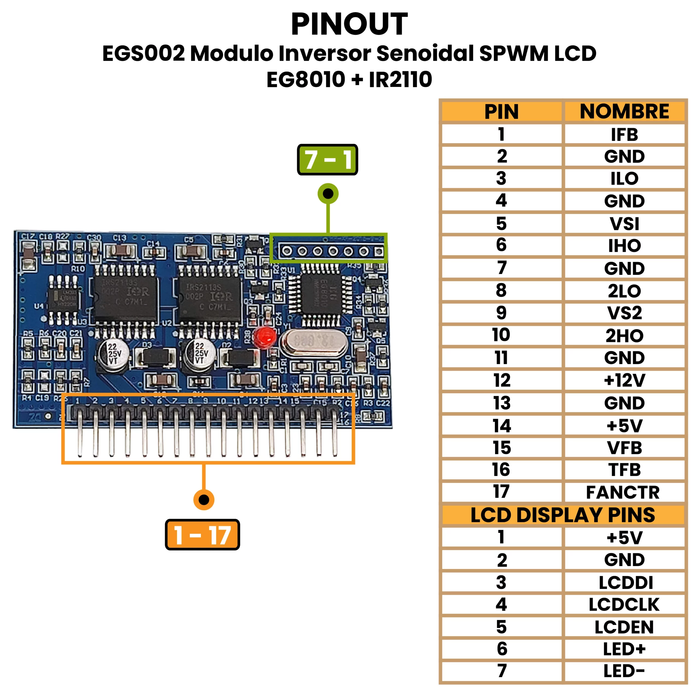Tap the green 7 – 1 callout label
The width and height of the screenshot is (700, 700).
327,160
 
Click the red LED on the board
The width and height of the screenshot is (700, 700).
265,337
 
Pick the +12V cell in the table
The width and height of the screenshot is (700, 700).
624,380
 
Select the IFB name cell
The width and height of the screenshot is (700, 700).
624,135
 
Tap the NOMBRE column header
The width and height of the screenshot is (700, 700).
624,111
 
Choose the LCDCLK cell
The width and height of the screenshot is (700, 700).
624,604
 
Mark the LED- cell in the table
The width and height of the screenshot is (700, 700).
624,671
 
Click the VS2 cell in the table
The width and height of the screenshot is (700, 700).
624,313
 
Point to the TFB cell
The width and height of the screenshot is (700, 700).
624,469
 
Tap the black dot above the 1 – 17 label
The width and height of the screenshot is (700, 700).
204,500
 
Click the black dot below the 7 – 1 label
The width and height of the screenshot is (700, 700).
328,194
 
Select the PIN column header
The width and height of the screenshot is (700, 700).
501,111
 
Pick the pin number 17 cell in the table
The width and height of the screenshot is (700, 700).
501,492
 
